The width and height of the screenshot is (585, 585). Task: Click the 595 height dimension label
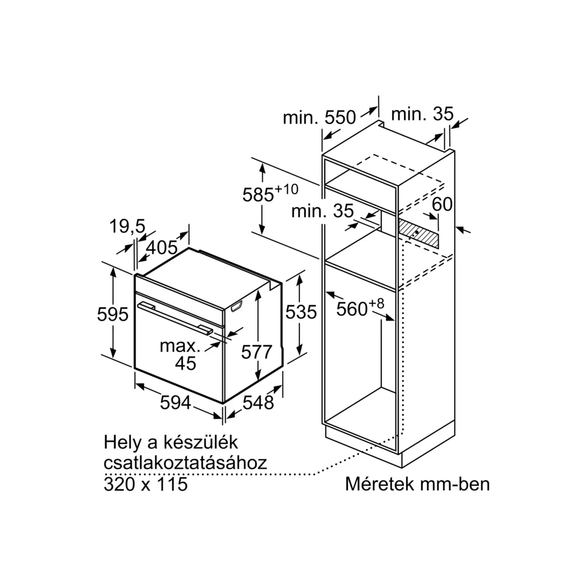point(112,314)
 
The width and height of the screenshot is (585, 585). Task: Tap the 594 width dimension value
point(175,402)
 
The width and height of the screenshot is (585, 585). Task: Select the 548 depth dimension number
point(258,402)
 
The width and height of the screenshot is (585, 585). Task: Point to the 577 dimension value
point(257,352)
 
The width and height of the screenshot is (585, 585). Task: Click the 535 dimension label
point(301,312)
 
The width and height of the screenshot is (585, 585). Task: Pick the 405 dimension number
point(161,247)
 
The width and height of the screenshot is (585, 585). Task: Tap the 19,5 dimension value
point(127,226)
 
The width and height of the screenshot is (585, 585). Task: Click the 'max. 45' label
point(181,355)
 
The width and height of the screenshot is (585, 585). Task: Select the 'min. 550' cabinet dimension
point(319,118)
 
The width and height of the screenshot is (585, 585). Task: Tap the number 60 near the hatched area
point(442,204)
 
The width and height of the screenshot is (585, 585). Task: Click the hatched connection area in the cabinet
point(419,233)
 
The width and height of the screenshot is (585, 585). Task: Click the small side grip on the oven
point(237,306)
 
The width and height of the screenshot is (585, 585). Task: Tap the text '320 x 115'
point(146,484)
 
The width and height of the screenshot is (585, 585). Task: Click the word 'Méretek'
point(380,484)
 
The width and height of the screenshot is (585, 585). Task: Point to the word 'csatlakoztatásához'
point(185,463)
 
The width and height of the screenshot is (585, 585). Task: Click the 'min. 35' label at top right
point(422,114)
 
